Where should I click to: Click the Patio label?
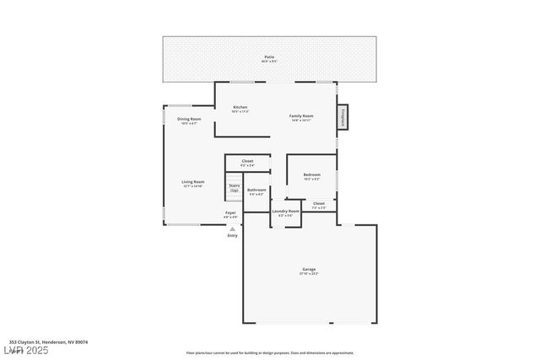click(x=268, y=56)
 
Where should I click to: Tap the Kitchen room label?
click(x=240, y=107)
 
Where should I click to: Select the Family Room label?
click(x=301, y=116)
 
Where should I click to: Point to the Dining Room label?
click(x=189, y=119)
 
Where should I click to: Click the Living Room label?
click(x=192, y=181)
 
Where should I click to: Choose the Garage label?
click(x=309, y=269)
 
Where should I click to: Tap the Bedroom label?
click(x=311, y=175)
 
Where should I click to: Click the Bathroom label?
click(x=256, y=190)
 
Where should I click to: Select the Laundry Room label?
click(x=285, y=211)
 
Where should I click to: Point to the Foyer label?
click(x=230, y=212)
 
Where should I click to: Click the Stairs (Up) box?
click(x=234, y=187)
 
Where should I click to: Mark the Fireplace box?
click(x=343, y=118)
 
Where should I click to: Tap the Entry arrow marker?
click(x=232, y=228)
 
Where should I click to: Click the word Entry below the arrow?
click(x=232, y=235)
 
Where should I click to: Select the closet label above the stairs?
click(x=247, y=160)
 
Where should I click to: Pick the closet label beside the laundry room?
click(x=318, y=203)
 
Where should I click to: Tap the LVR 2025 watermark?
click(x=28, y=349)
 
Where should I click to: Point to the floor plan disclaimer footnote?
click(x=269, y=353)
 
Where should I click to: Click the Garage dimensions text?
click(x=309, y=273)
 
